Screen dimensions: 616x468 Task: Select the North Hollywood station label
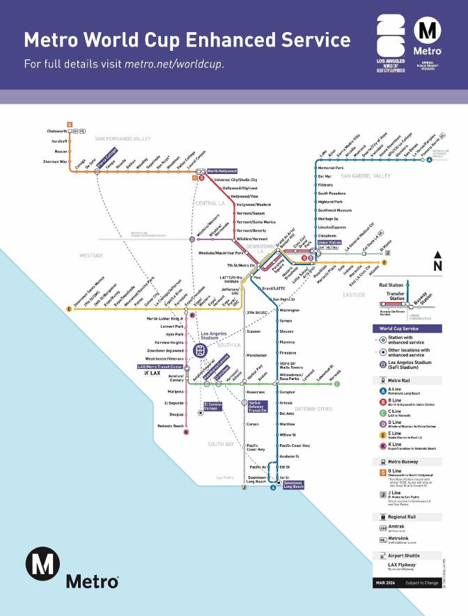[222, 171]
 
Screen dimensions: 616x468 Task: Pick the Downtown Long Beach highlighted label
[293, 485]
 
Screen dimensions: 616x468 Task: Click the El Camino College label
[212, 406]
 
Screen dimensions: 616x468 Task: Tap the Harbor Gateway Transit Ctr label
[258, 406]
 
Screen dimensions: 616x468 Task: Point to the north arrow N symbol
[437, 264]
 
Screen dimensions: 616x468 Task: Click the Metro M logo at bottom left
[42, 563]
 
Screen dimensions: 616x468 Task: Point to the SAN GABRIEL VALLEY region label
[362, 176]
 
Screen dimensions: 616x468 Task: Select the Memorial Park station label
[331, 168]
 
